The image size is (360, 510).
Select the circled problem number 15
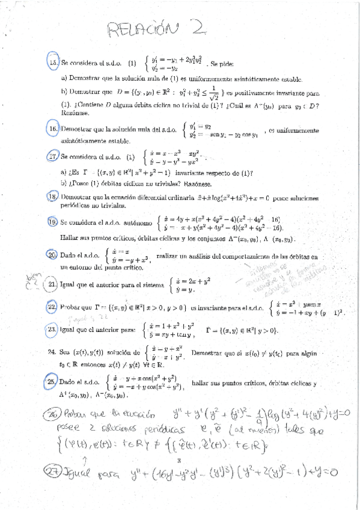pos(52,62)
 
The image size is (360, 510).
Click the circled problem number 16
pos(53,129)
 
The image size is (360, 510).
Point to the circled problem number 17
pos(53,157)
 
